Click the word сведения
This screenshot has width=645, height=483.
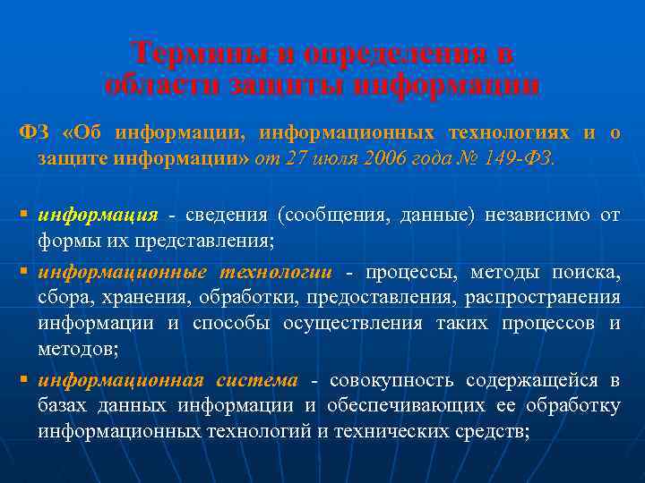click(x=228, y=216)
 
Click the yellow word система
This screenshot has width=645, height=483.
click(x=257, y=380)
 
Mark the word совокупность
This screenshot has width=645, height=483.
click(x=386, y=380)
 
